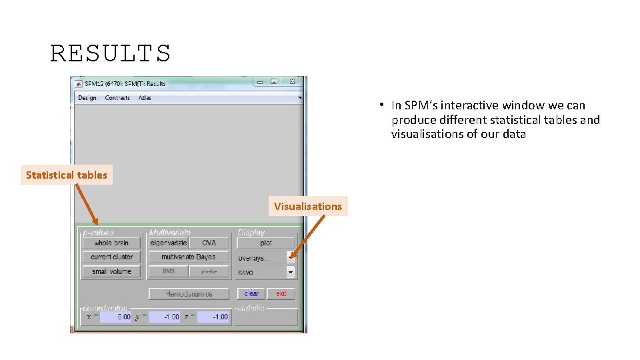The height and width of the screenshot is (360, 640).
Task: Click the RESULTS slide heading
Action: coord(111,53)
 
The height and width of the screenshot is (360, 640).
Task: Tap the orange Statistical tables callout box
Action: coord(67,175)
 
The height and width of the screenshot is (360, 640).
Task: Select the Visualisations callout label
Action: coord(307,207)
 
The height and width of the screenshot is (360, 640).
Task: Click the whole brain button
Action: coord(111,243)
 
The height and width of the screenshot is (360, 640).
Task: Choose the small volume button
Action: coord(111,271)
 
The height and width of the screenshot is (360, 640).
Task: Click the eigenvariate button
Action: coord(168,243)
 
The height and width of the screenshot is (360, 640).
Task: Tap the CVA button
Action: coord(209,243)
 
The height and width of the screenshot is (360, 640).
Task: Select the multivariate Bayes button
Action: coord(188,257)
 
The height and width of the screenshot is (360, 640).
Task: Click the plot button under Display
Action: coord(265,243)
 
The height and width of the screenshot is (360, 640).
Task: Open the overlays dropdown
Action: coord(266,257)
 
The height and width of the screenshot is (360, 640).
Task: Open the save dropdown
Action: coord(266,272)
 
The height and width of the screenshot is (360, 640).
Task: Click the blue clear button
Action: coord(251,293)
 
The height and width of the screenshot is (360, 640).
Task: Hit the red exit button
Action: coord(281,293)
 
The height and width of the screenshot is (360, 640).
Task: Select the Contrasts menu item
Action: coord(117,98)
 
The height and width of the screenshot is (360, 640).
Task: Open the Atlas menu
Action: coord(145,98)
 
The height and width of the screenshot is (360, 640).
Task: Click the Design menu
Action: coord(87,98)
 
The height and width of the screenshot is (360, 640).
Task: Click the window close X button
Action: coord(292,82)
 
